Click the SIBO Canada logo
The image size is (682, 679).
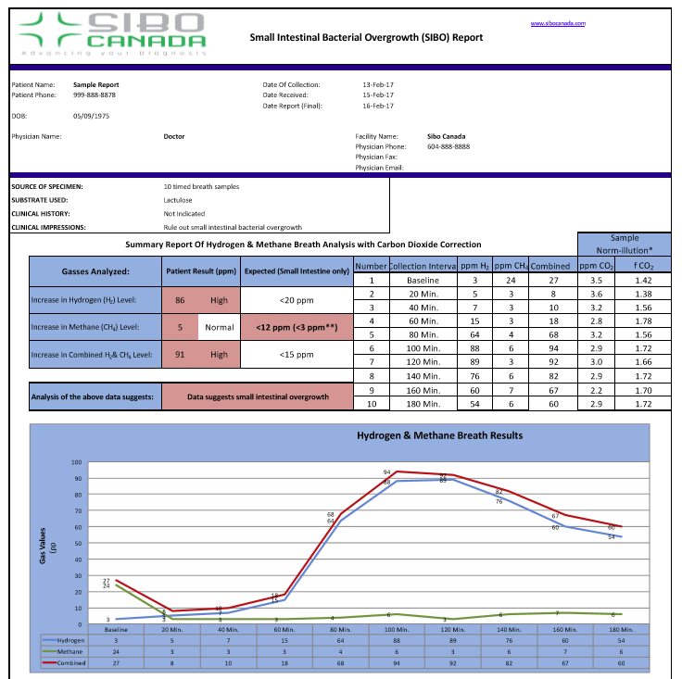tap(111, 34)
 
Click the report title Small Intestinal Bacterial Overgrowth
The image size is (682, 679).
tap(366, 37)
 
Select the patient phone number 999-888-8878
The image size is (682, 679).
tap(95, 94)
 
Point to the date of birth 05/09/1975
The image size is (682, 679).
tap(91, 116)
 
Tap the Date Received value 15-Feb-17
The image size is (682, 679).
tap(378, 94)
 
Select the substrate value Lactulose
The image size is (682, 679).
tap(178, 199)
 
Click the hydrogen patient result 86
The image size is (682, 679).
tap(180, 300)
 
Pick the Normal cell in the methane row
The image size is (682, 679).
tap(219, 327)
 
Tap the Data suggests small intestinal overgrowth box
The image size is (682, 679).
tap(259, 396)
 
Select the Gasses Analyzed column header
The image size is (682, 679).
tap(95, 272)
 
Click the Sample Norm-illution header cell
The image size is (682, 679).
tap(624, 244)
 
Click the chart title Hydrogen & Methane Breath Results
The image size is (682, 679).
tap(439, 435)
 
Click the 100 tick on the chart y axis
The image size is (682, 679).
tap(77, 462)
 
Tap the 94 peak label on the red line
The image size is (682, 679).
tap(386, 472)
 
